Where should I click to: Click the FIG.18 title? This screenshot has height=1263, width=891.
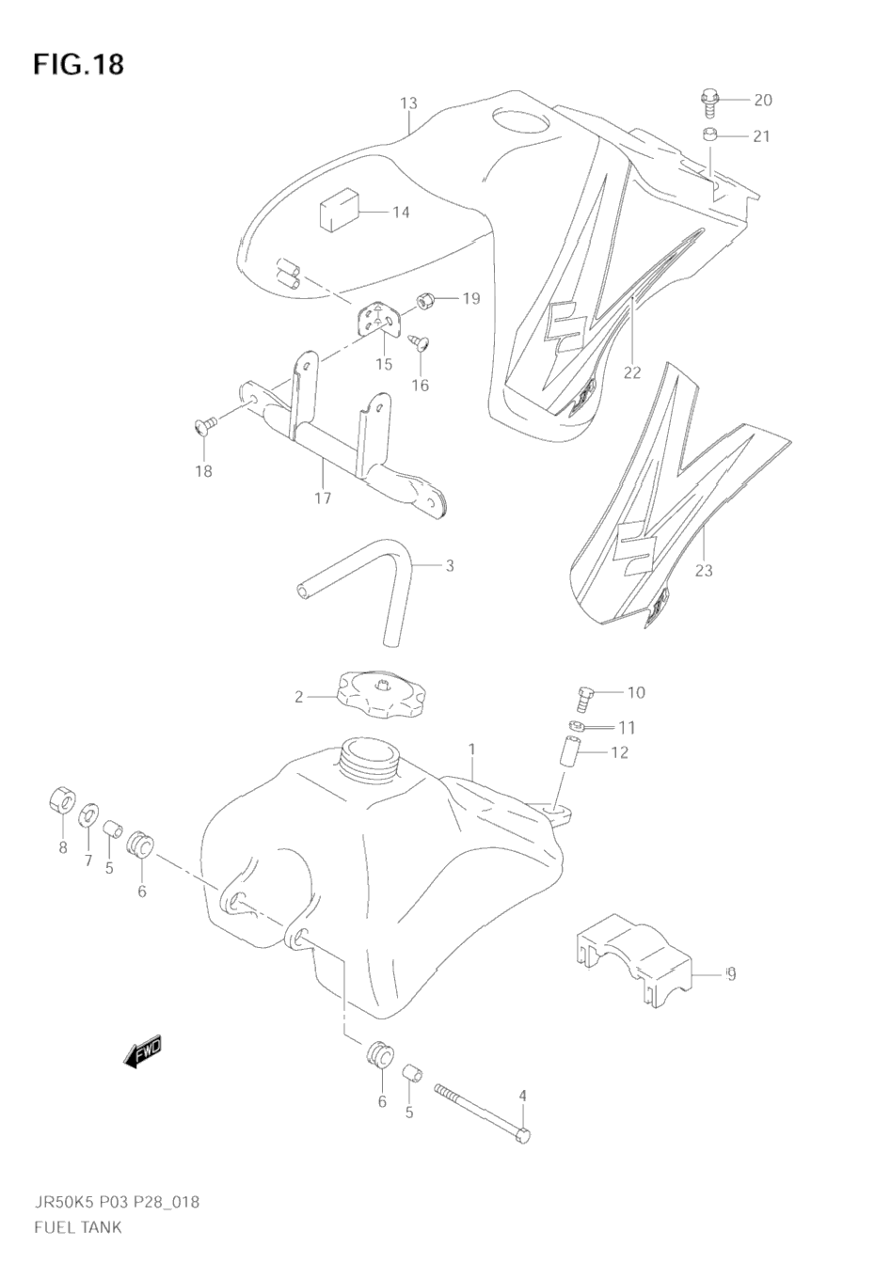click(x=79, y=65)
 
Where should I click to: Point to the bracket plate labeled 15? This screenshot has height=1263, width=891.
click(x=382, y=322)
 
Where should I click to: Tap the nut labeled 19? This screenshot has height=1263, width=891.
click(x=423, y=300)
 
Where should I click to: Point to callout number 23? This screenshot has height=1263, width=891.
click(x=704, y=570)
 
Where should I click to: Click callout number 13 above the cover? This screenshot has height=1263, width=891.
click(x=407, y=103)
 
